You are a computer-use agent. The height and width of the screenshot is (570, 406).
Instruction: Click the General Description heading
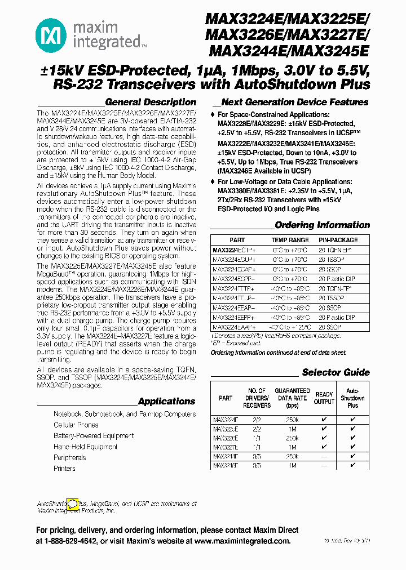point(151,102)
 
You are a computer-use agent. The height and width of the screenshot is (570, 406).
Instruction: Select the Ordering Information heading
point(322,225)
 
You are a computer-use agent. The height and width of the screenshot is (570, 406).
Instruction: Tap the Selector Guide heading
point(336,372)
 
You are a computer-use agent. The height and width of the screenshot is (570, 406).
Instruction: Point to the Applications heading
point(166,401)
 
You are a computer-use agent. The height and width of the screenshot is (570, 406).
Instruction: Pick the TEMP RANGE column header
point(290,240)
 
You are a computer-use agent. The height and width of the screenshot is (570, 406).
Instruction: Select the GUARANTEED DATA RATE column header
point(292,398)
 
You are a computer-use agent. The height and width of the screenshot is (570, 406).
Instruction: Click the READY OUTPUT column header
point(324,398)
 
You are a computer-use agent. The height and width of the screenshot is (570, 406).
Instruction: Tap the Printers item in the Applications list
point(64,468)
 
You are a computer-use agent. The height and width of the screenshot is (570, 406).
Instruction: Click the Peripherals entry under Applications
point(70,457)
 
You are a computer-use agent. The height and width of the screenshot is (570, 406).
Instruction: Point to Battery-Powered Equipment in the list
point(94,435)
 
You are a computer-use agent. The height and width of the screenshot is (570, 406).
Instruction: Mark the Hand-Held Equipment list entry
point(86,447)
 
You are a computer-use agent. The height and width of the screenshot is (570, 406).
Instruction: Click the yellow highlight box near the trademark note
point(72,504)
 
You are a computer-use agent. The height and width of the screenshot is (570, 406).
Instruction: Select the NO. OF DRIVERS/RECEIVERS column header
point(257,398)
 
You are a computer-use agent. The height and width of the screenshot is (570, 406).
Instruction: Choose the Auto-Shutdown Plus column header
point(352,398)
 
